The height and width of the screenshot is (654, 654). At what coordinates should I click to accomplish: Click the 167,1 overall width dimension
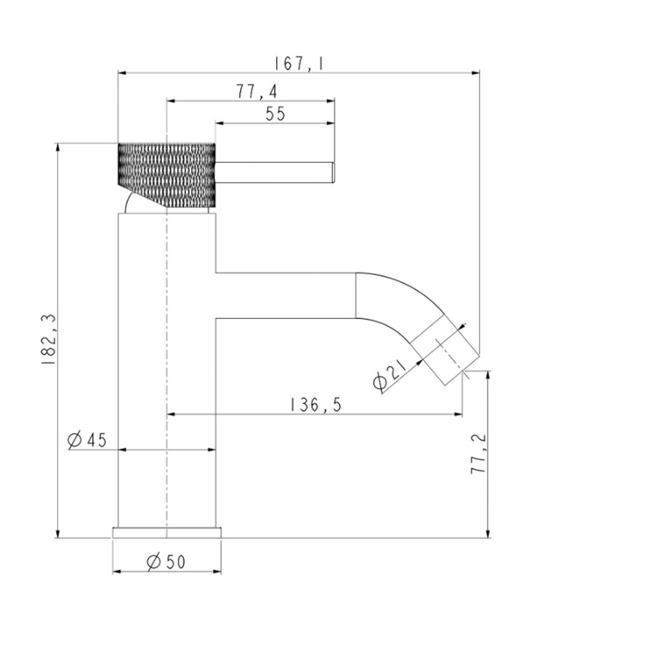click(x=299, y=63)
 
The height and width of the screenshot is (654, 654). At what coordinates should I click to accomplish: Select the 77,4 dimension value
click(x=257, y=92)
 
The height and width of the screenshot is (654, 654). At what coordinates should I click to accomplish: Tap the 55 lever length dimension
click(x=275, y=113)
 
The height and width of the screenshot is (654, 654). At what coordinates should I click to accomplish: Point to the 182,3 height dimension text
click(x=49, y=339)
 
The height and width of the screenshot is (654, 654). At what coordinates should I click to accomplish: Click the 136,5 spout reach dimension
click(x=315, y=405)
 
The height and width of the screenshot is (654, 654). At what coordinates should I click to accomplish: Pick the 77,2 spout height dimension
click(x=478, y=453)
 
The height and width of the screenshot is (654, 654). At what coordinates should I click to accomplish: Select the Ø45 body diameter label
click(x=87, y=440)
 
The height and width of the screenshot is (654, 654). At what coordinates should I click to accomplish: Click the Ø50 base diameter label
click(x=166, y=562)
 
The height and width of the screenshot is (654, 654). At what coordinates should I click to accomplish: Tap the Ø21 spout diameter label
click(x=390, y=376)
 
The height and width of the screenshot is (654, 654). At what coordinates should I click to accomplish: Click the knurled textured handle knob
click(x=166, y=175)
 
